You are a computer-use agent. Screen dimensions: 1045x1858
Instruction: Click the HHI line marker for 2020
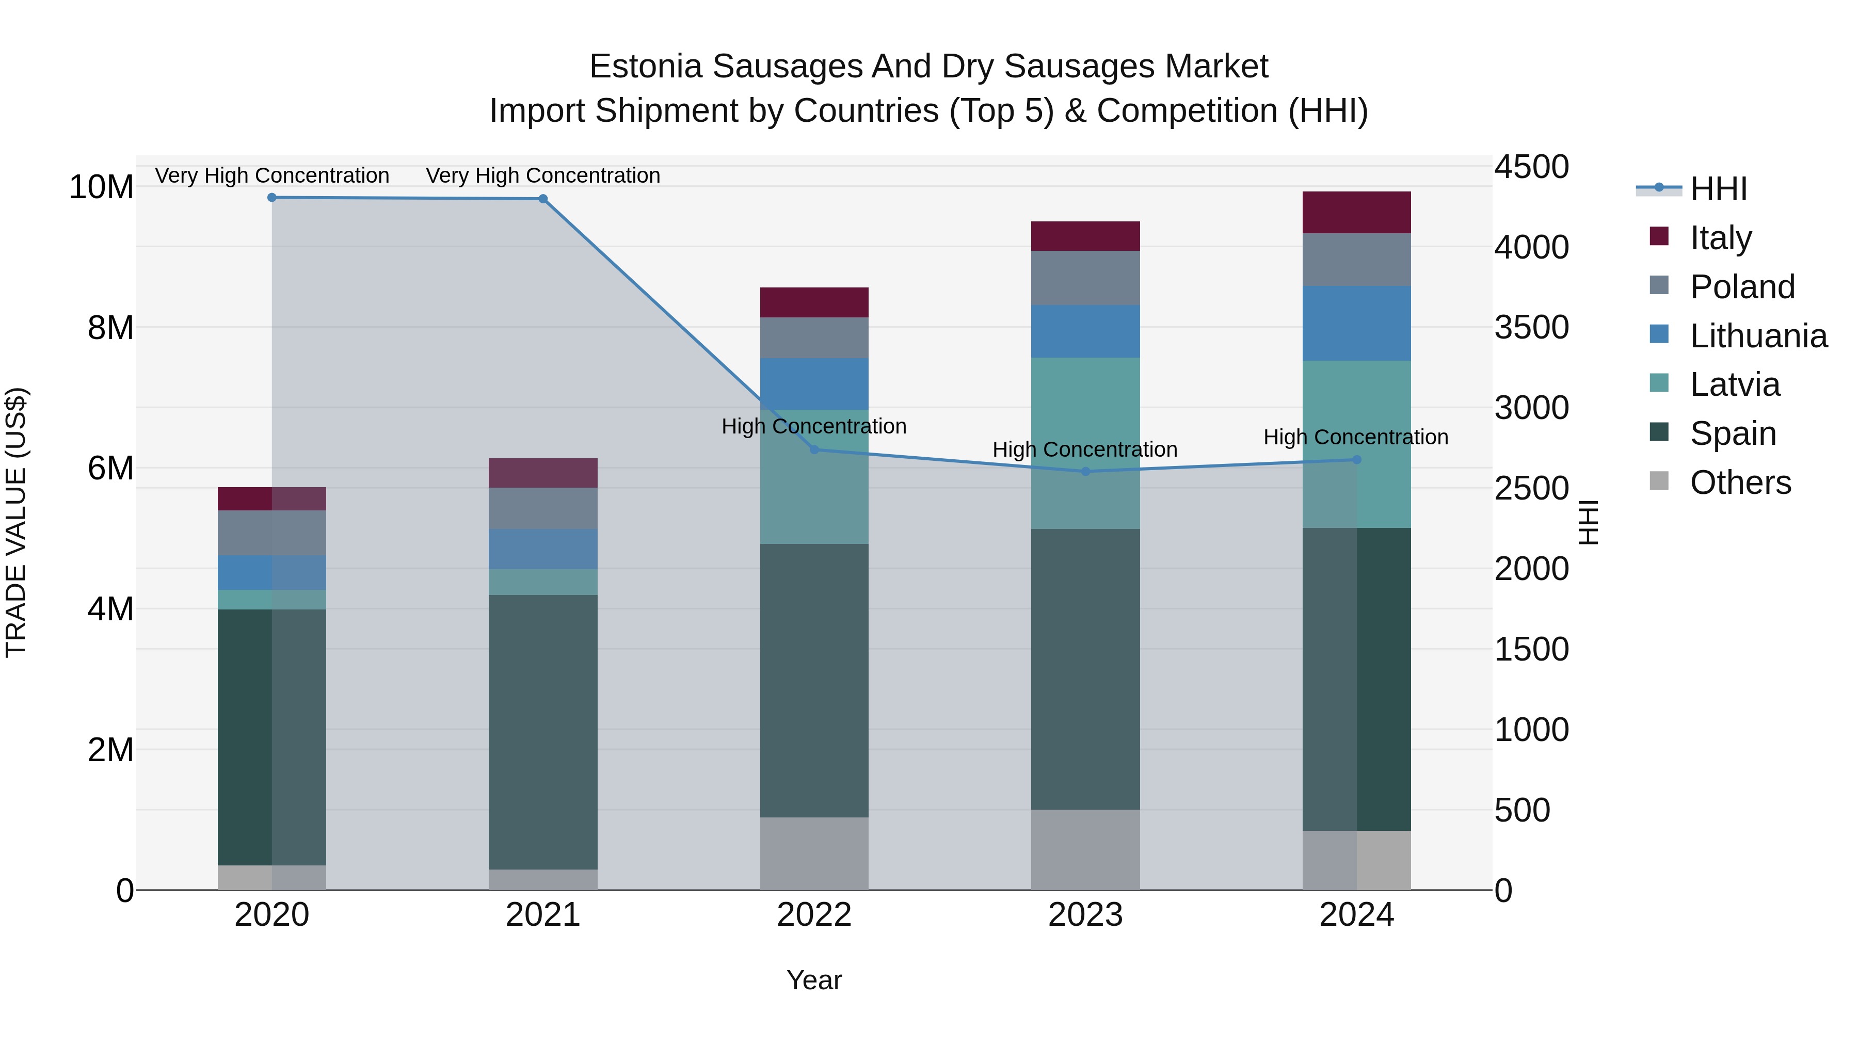pyautogui.click(x=272, y=198)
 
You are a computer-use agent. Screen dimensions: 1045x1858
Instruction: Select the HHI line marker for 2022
pyautogui.click(x=814, y=450)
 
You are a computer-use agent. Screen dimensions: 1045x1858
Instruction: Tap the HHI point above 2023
pyautogui.click(x=1085, y=472)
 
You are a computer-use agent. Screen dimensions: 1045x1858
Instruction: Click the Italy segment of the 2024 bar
pyautogui.click(x=1356, y=213)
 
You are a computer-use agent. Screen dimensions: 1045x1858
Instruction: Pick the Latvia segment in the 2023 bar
pyautogui.click(x=1085, y=443)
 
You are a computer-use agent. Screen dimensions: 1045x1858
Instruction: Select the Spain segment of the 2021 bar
pyautogui.click(x=543, y=732)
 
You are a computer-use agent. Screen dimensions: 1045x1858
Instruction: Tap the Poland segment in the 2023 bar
pyautogui.click(x=1085, y=278)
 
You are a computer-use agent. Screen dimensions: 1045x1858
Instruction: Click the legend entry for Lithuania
pyautogui.click(x=1758, y=336)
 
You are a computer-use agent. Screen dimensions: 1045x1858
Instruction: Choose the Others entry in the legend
pyautogui.click(x=1740, y=483)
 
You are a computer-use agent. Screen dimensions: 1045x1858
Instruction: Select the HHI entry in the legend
pyautogui.click(x=1718, y=189)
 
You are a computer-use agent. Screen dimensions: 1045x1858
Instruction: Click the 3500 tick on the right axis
pyautogui.click(x=1531, y=327)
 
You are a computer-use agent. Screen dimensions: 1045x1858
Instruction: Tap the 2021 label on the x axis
pyautogui.click(x=543, y=915)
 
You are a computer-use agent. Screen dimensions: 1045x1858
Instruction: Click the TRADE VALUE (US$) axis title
pyautogui.click(x=17, y=522)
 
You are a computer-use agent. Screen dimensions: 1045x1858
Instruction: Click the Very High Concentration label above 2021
pyautogui.click(x=543, y=175)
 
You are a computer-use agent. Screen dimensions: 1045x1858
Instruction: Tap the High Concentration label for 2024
pyautogui.click(x=1355, y=437)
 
